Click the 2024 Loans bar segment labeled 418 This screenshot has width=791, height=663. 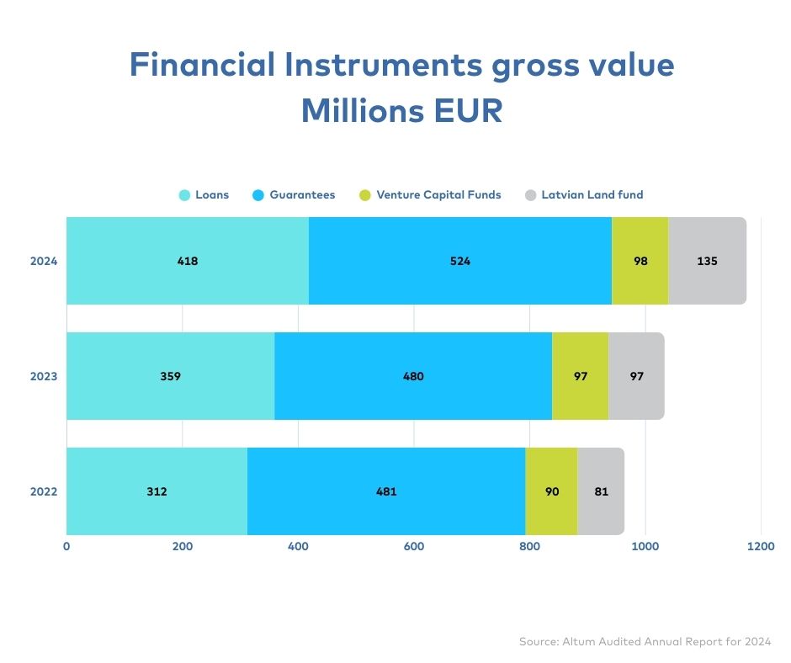(x=188, y=261)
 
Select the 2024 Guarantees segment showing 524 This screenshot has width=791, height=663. (x=460, y=261)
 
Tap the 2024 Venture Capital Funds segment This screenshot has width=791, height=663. (x=640, y=261)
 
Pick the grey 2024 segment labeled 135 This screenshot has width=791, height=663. (x=707, y=261)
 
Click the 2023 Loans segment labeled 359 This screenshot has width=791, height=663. (x=171, y=376)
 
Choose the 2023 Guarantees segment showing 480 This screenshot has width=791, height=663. (x=413, y=376)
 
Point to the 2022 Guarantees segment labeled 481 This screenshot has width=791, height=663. (x=386, y=491)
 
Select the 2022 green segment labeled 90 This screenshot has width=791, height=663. (x=551, y=491)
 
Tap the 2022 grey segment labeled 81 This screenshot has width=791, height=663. (x=601, y=491)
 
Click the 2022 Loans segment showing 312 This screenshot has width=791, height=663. (x=157, y=491)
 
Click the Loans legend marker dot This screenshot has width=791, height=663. (x=184, y=195)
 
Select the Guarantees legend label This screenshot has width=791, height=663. (x=302, y=194)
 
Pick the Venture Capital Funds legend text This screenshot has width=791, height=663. (x=439, y=194)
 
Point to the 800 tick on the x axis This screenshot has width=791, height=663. (x=529, y=546)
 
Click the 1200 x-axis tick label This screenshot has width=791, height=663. (x=761, y=546)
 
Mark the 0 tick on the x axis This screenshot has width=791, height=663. (x=66, y=546)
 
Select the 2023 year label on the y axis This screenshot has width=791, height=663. (x=44, y=376)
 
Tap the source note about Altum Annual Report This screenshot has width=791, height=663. (x=645, y=641)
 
